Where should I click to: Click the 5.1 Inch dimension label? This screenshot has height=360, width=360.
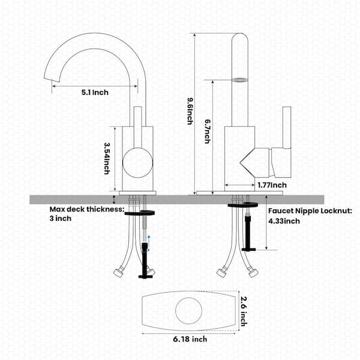[95, 92]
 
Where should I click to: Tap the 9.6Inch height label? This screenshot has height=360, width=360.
[190, 112]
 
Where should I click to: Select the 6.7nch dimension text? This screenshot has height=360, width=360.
[208, 131]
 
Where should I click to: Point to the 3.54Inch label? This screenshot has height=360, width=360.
[107, 158]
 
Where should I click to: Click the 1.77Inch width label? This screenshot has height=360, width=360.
[272, 185]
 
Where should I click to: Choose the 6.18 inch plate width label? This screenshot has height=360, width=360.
[190, 339]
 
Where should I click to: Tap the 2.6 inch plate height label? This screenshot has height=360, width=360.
[244, 311]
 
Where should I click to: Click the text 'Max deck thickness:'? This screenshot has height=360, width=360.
[87, 209]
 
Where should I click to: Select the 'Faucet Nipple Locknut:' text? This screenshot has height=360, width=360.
[310, 211]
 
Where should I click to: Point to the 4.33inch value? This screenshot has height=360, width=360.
[284, 221]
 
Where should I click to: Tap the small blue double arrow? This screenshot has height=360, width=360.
[149, 243]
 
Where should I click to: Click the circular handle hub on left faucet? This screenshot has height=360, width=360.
[137, 163]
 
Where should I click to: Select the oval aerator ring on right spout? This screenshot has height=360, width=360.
[239, 80]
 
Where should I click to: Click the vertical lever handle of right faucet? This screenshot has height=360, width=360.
[287, 128]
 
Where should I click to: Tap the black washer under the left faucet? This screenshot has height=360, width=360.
[140, 213]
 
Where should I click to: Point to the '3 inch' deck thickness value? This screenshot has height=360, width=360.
[61, 218]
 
